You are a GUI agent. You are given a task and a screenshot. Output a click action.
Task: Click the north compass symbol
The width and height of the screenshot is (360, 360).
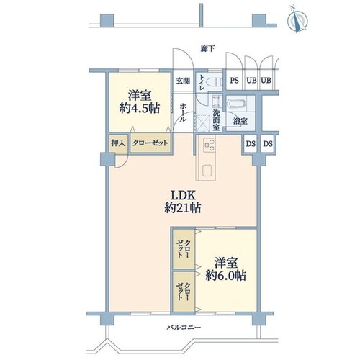[x=298, y=19]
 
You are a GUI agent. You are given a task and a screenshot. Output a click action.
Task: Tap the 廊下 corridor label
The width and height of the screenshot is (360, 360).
[x=207, y=49]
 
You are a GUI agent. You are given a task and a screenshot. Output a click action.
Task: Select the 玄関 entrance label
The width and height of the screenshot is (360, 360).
[x=183, y=81]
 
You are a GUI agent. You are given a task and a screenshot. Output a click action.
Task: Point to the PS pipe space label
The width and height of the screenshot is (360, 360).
[x=234, y=80]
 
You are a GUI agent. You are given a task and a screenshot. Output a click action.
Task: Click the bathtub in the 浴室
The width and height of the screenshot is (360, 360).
[x=237, y=104]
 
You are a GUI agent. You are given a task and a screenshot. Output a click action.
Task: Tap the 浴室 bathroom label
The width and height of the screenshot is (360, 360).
[x=240, y=121]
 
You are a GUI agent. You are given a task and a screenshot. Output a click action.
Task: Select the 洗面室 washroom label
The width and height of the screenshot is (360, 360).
[x=216, y=120]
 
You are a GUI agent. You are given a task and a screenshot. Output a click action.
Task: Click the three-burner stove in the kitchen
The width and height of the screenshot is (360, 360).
[x=210, y=145]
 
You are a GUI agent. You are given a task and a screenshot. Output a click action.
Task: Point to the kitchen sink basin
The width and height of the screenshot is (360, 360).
[x=207, y=171]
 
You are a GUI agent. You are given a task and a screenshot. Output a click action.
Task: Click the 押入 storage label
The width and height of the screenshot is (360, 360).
[x=118, y=143]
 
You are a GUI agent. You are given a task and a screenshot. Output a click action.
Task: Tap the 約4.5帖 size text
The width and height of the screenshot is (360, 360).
[x=140, y=108]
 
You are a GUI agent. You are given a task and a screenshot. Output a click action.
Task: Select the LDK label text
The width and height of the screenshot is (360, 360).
[x=183, y=196]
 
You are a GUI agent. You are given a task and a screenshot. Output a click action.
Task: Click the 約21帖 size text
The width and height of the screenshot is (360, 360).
[x=183, y=207]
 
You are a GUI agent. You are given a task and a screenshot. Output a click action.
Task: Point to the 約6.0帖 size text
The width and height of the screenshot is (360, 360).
[x=226, y=276]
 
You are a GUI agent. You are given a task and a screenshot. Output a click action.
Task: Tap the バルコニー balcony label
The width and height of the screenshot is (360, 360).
[x=184, y=328]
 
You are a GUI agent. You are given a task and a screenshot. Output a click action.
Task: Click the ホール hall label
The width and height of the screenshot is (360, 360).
[x=183, y=112]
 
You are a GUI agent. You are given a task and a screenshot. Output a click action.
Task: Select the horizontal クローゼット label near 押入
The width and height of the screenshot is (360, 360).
[x=150, y=143]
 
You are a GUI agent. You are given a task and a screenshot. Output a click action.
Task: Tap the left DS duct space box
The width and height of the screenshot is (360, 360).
[x=251, y=143]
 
